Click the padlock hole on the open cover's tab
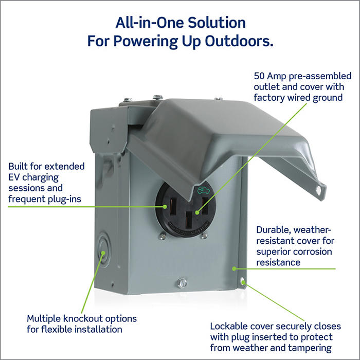pos(320,190)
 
